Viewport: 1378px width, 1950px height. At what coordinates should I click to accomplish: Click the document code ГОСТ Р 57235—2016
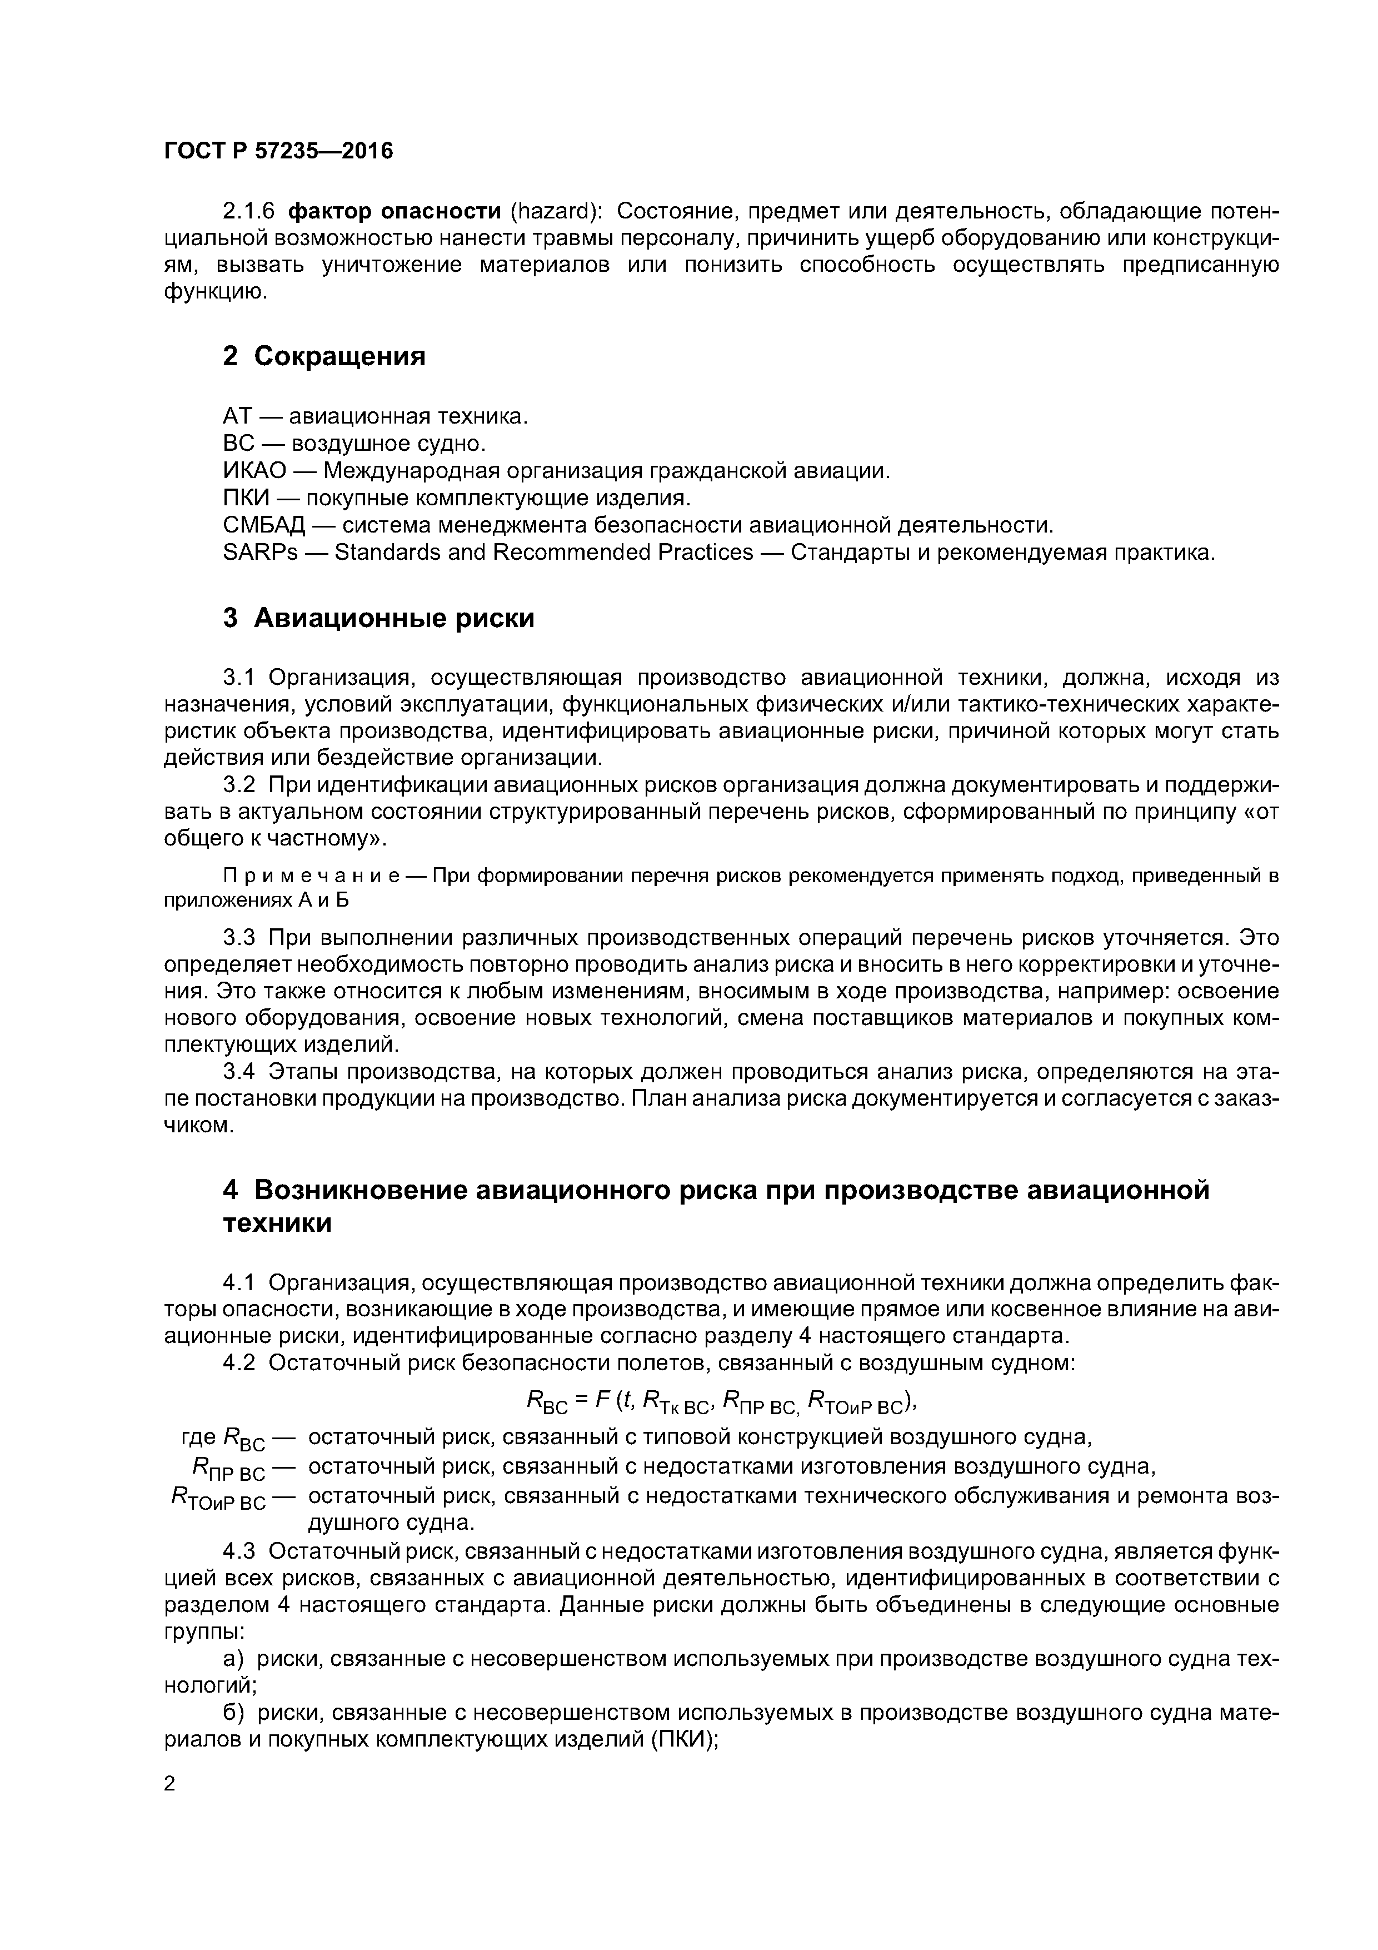[278, 151]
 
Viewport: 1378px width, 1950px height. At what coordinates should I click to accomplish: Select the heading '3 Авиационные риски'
[379, 618]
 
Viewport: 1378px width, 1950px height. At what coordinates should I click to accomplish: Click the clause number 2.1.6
[248, 211]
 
